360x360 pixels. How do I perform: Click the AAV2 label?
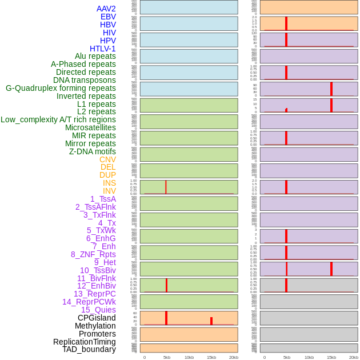[106, 9]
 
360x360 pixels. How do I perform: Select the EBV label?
[108, 17]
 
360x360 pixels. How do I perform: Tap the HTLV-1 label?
[102, 49]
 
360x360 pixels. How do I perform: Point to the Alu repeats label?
[95, 56]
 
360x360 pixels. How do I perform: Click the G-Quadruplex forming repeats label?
[61, 88]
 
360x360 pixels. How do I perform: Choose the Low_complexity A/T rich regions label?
[58, 119]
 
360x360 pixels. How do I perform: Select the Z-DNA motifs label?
[93, 151]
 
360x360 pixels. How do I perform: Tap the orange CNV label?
[107, 159]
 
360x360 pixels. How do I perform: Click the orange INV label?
[109, 191]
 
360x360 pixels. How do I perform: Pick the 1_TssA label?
[103, 199]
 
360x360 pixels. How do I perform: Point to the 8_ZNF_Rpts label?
[93, 254]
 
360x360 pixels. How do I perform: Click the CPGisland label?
[97, 318]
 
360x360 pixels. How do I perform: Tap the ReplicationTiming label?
[84, 342]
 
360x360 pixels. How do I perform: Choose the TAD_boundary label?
[89, 349]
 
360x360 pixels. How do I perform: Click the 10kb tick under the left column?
[189, 357]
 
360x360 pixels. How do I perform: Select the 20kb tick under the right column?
[354, 357]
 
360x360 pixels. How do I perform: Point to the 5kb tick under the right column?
[287, 357]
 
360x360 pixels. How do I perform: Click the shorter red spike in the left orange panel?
[211, 321]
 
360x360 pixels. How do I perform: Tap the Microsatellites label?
[90, 127]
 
